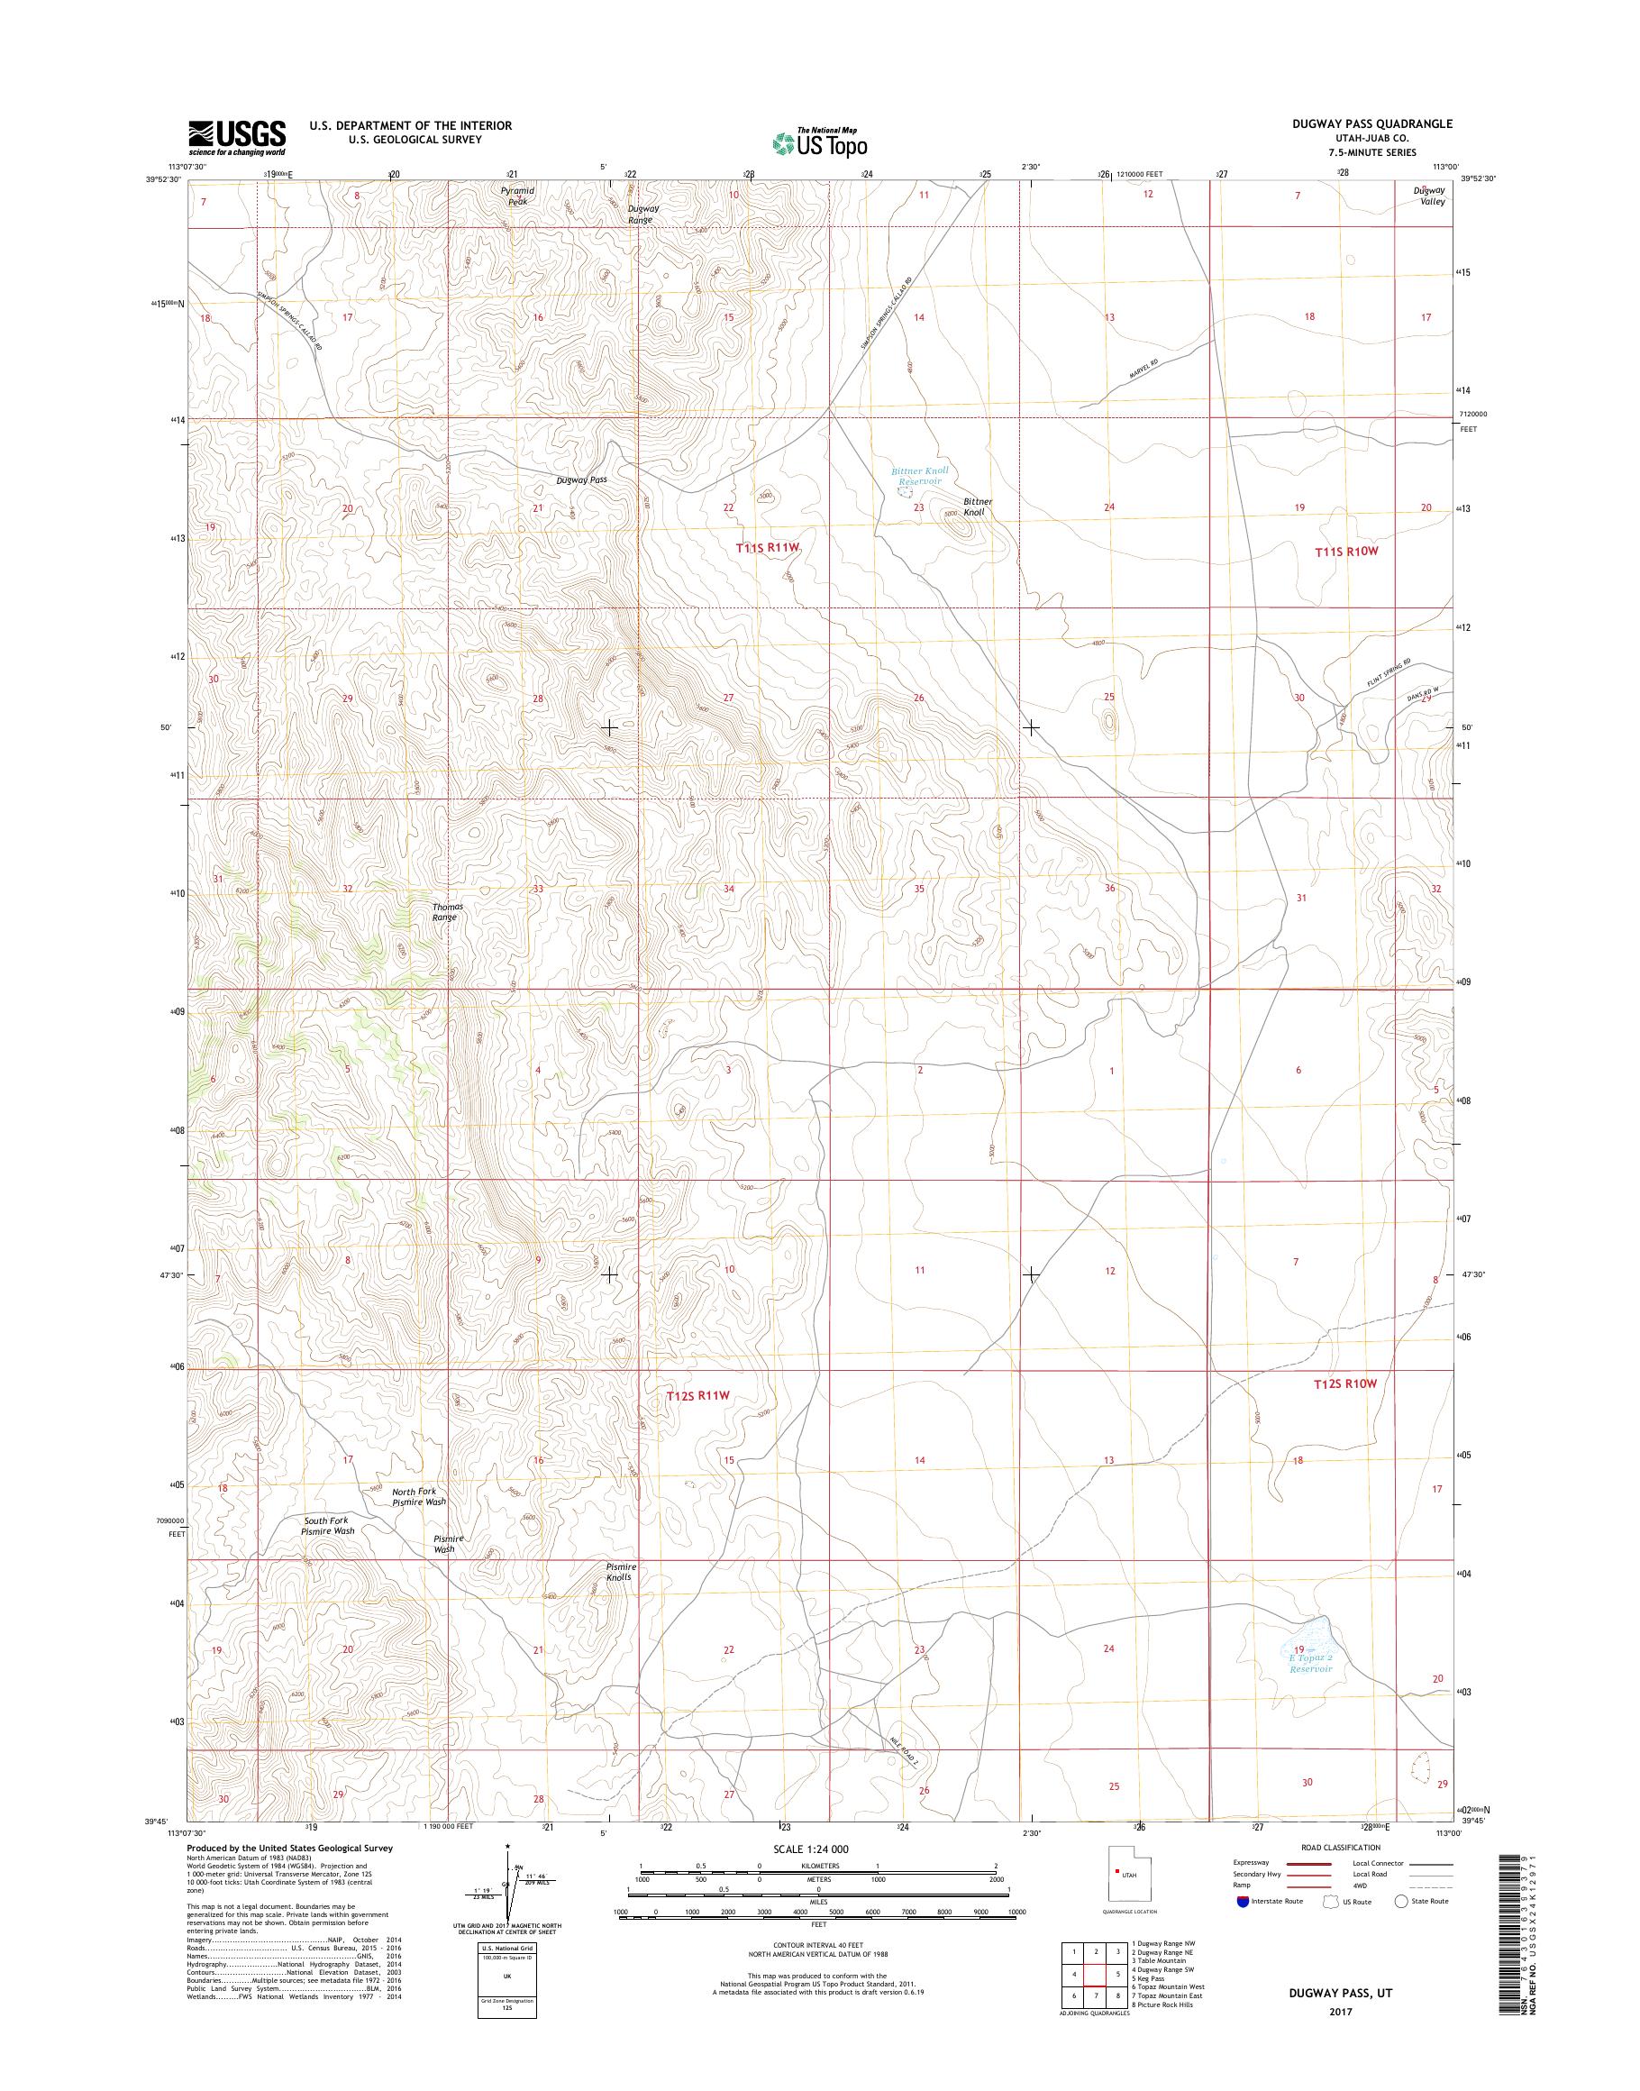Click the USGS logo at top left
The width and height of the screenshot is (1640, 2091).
tap(236, 137)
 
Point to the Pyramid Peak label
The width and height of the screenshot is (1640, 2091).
tap(517, 196)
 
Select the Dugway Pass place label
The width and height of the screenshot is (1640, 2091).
tap(581, 479)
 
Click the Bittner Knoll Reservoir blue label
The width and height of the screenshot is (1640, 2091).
tap(919, 477)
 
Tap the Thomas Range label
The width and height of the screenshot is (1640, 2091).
tap(446, 911)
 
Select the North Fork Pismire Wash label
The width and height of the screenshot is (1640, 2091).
tap(419, 1496)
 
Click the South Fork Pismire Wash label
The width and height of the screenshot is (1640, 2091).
tap(326, 1525)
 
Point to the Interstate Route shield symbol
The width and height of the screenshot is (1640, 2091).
tap(1244, 1901)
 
